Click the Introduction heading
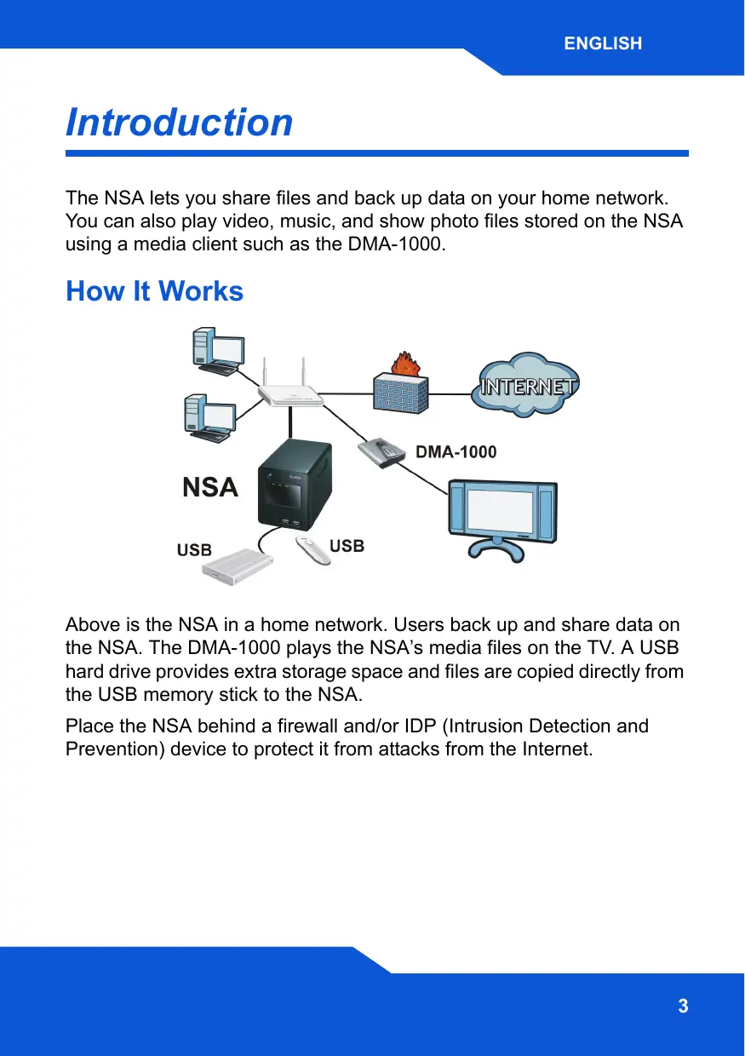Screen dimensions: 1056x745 pos(179,122)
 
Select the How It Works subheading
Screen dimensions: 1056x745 pos(154,291)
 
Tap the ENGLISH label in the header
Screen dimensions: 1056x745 pos(602,43)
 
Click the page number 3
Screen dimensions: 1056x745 pos(683,1007)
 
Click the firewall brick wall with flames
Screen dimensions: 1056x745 pos(400,387)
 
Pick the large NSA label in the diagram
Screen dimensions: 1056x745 pos(210,488)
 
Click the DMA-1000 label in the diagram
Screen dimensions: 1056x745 pos(456,452)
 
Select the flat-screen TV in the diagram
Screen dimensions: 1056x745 pos(502,516)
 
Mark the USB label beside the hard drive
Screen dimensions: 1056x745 pos(194,550)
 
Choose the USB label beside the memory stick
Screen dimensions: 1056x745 pos(347,545)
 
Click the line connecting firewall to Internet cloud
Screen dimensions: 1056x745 pos(450,393)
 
